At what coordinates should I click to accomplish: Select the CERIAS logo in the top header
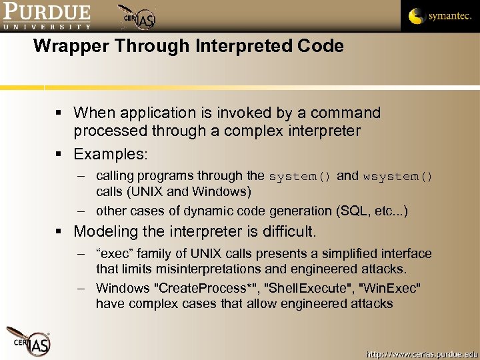tap(138, 18)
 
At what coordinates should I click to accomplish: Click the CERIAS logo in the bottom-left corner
tap(28, 341)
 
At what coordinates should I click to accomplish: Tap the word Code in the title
tap(323, 46)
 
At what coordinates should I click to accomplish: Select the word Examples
tap(111, 154)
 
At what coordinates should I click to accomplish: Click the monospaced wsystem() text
tap(398, 177)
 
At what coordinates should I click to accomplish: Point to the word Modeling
tap(106, 232)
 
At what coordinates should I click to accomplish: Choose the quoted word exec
tap(114, 254)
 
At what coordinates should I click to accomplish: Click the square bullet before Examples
tap(61, 155)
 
